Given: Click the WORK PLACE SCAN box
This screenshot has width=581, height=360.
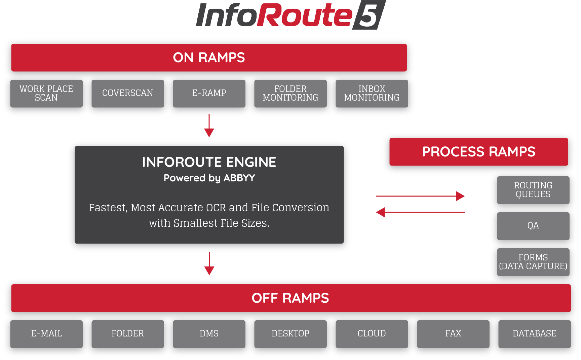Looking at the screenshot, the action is click(x=46, y=94).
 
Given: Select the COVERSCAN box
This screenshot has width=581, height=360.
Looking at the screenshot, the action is click(x=128, y=94).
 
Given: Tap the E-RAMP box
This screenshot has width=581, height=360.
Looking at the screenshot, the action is click(x=209, y=94).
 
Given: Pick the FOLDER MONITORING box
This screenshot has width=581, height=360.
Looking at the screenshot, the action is click(x=290, y=94).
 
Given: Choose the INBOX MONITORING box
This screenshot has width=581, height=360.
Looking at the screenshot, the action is click(x=372, y=94).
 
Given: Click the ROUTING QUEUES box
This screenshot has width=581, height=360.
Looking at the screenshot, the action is click(x=533, y=190).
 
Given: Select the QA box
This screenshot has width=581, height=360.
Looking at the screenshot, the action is click(x=533, y=226).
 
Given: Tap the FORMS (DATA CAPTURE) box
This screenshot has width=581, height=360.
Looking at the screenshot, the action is click(x=533, y=262).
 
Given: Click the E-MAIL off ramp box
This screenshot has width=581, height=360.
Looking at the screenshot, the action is click(x=46, y=334).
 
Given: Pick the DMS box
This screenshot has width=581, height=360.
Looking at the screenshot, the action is click(x=209, y=334).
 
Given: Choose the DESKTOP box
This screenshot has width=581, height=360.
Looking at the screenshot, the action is click(x=290, y=334).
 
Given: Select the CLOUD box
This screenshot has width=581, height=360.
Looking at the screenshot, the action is click(x=372, y=334).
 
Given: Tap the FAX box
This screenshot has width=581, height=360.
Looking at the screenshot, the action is click(x=453, y=334).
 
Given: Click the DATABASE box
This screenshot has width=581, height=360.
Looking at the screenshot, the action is click(x=535, y=334).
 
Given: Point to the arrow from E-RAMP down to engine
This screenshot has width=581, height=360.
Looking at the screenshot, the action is click(x=209, y=125).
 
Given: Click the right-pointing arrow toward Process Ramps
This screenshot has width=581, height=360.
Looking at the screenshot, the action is click(x=420, y=196).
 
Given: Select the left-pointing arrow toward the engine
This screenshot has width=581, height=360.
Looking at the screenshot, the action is click(x=420, y=212).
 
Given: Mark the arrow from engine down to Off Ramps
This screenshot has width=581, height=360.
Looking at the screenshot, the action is click(x=209, y=263).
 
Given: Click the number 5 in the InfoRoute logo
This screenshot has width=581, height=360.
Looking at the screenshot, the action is click(x=369, y=15).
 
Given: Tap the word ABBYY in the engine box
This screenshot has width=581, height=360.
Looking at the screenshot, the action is click(x=239, y=178).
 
